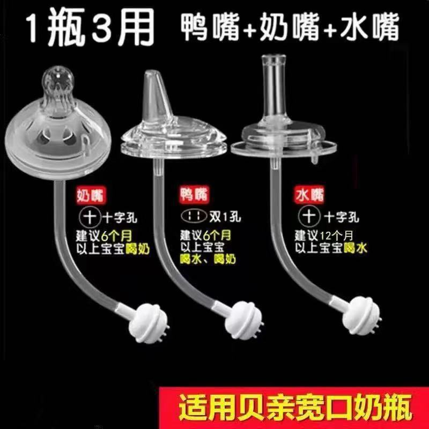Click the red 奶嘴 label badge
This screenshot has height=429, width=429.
pos(91,195)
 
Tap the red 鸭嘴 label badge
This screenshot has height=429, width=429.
pos(194,195)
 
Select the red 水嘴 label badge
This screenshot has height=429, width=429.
pos(309,195)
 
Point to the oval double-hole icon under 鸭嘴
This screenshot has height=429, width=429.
pos(194,217)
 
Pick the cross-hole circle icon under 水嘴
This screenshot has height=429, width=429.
pos(309,216)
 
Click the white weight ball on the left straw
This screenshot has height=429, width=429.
pos(149,323)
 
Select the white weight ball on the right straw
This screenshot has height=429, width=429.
pos(361,315)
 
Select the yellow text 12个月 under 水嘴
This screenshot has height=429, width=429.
pos(337,235)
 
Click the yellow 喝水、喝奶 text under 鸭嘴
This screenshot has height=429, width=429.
pos(208,259)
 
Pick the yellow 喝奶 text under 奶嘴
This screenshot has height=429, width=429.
pos(137,249)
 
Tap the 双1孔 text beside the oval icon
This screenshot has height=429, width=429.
pos(225,217)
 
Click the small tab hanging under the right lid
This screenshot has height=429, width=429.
pos(315,159)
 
